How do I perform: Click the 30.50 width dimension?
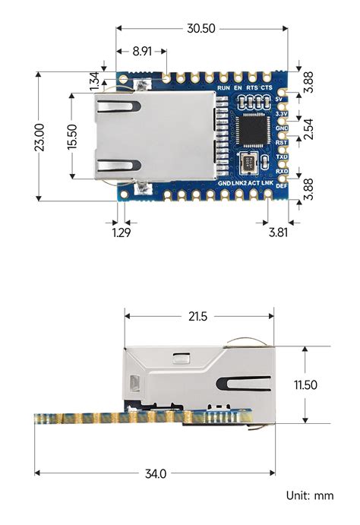201,28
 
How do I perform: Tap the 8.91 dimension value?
141,52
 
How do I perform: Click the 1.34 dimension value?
94,78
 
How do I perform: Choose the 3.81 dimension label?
278,232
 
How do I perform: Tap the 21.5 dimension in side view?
200,315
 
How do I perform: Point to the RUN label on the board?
223,89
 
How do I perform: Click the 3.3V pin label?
281,114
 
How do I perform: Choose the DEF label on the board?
281,186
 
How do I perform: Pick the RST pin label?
281,142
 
